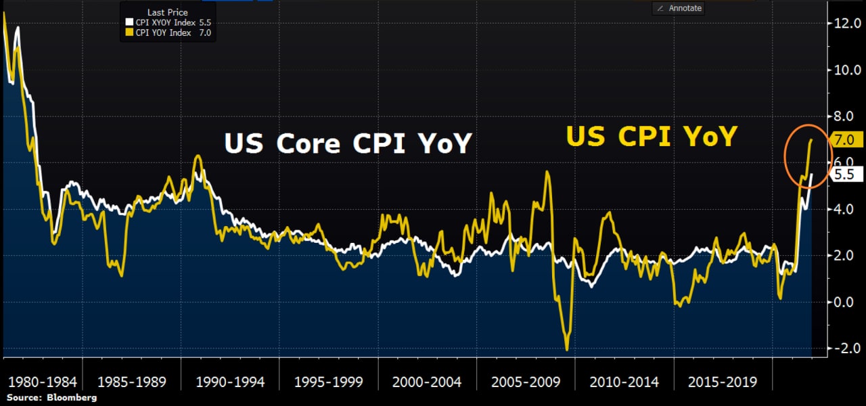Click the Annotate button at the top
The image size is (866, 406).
click(x=678, y=8)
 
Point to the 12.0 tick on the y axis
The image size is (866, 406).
click(x=847, y=24)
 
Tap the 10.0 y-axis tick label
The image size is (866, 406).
click(x=847, y=70)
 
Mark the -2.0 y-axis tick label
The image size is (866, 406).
click(x=848, y=348)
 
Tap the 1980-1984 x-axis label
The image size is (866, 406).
click(x=41, y=382)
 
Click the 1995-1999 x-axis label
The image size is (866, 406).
click(x=327, y=382)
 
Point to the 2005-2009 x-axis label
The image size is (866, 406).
click(x=526, y=382)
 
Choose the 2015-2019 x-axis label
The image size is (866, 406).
click(x=723, y=382)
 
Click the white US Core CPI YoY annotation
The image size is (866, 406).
click(x=347, y=144)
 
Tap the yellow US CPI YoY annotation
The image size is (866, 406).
click(x=650, y=137)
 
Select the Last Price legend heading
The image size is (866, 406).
click(x=167, y=12)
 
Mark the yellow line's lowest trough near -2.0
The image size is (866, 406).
click(x=566, y=349)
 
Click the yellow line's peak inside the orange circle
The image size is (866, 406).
click(x=811, y=139)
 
